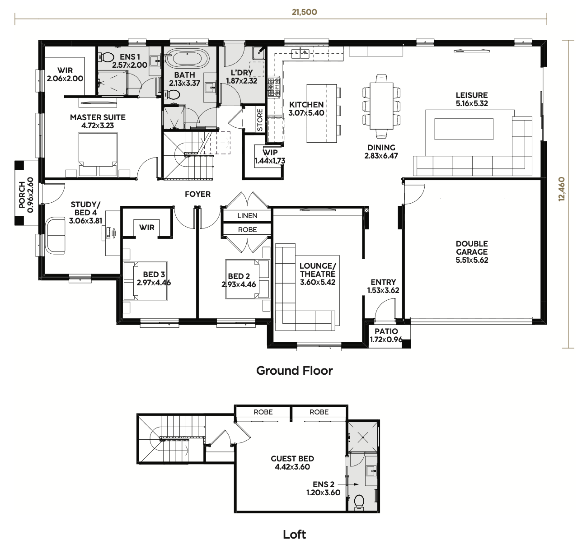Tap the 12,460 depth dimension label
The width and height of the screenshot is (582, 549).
coord(562,189)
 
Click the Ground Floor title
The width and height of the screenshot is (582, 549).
coord(294,371)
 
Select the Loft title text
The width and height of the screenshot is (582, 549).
coord(294,535)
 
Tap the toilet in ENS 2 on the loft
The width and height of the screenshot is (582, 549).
coord(360,502)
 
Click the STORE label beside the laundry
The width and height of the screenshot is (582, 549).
coord(260,120)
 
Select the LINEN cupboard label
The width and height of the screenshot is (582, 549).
coord(247,216)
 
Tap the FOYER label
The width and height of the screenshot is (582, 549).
coord(197,194)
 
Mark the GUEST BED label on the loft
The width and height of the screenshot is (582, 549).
coord(292,459)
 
